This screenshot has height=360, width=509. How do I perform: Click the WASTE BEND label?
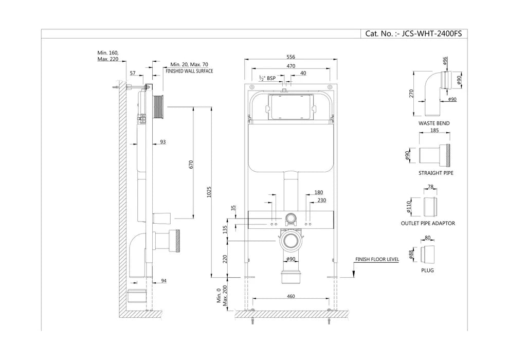click(434, 124)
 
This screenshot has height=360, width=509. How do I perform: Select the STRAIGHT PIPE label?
click(435, 173)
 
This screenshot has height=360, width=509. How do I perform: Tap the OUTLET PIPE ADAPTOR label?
click(428, 223)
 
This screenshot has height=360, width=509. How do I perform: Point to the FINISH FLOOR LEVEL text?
click(377, 260)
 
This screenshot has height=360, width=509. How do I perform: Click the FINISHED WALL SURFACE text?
click(189, 71)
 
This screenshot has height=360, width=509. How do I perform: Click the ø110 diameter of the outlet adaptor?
click(410, 207)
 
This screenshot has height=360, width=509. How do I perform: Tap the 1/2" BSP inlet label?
click(267, 78)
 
